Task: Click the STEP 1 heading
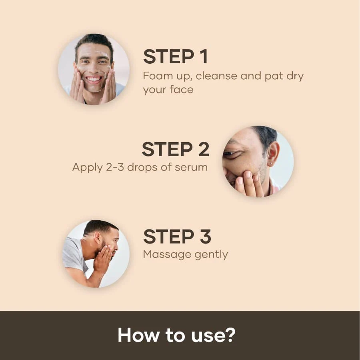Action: click(175, 57)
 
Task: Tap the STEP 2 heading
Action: click(175, 149)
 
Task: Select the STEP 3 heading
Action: click(177, 237)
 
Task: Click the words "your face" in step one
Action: click(168, 89)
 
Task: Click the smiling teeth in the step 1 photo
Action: click(94, 78)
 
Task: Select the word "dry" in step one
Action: click(295, 76)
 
